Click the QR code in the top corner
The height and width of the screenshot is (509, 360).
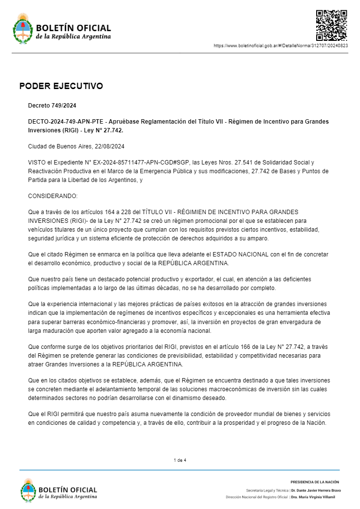tap(331, 25)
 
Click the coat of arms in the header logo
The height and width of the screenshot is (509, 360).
tap(22, 29)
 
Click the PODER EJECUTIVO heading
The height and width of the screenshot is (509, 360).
tap(61, 86)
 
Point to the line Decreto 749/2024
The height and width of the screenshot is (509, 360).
tap(52, 105)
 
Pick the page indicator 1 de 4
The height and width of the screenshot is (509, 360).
tap(180, 460)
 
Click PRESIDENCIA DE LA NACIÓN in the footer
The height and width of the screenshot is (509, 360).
tap(315, 482)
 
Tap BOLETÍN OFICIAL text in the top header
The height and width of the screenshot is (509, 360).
tap(73, 28)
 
